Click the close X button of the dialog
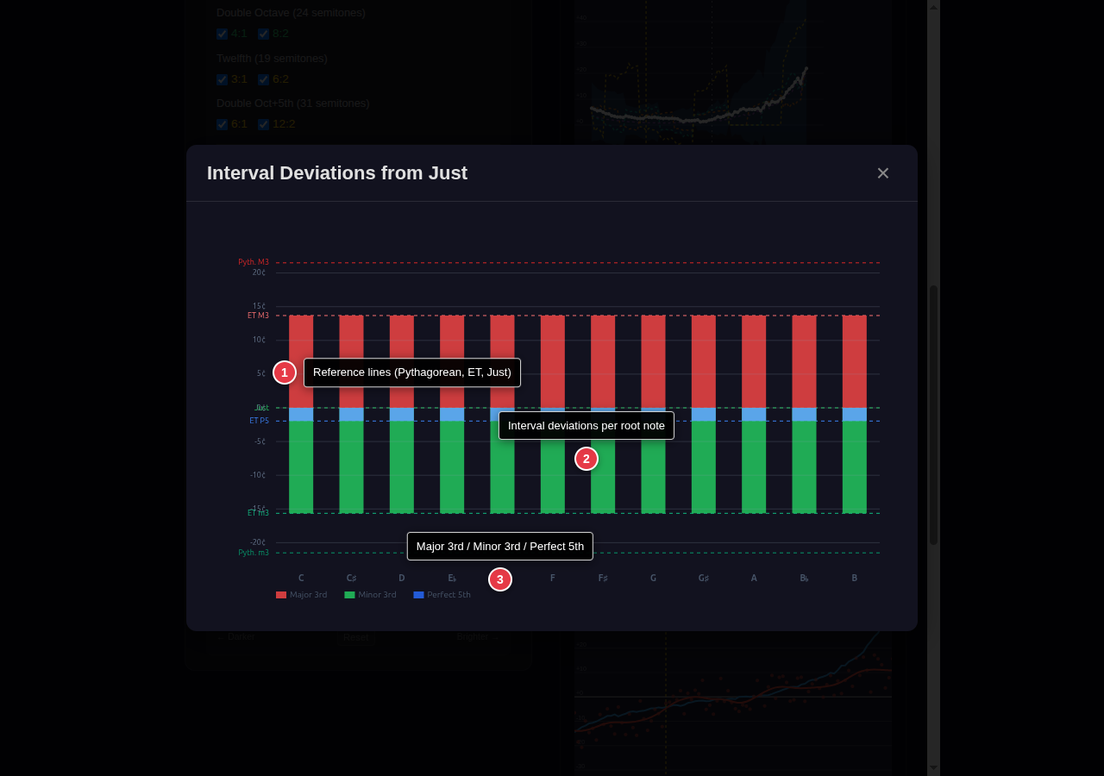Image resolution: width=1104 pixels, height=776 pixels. tap(882, 173)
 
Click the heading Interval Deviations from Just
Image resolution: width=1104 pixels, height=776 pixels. tap(337, 173)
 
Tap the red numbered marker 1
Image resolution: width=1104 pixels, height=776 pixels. tap(285, 372)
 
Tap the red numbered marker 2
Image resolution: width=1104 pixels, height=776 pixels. tap(586, 459)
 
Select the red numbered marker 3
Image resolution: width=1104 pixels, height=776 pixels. tap(500, 579)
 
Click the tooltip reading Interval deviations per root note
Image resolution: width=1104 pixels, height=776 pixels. tap(586, 425)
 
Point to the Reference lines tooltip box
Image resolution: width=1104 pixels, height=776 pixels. tap(412, 372)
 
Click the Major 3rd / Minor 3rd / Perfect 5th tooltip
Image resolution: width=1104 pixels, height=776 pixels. tap(500, 546)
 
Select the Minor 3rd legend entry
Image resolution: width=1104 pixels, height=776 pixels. tap(370, 595)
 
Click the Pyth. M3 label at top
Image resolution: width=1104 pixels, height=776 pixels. tap(254, 262)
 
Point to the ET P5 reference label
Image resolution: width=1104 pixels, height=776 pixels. tap(259, 421)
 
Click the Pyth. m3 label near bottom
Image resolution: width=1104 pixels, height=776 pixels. tap(254, 553)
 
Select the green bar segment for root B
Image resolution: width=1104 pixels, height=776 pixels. tap(854, 466)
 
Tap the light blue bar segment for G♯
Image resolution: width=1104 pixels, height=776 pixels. tap(703, 415)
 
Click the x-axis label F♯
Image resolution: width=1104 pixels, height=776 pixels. tap(603, 578)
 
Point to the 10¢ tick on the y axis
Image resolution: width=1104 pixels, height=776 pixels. tap(259, 340)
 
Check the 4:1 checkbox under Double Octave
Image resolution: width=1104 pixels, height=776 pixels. tap(223, 34)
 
